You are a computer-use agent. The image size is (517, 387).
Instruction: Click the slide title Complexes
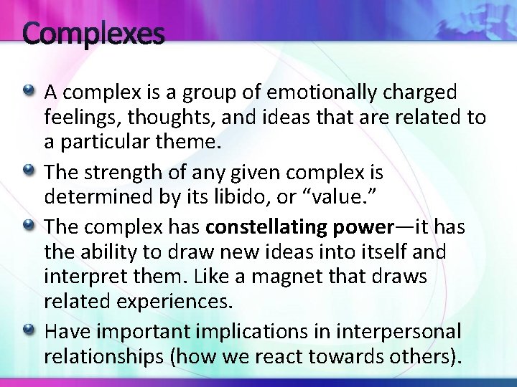tap(93, 33)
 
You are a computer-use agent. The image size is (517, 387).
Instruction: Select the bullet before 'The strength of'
tap(29, 171)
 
